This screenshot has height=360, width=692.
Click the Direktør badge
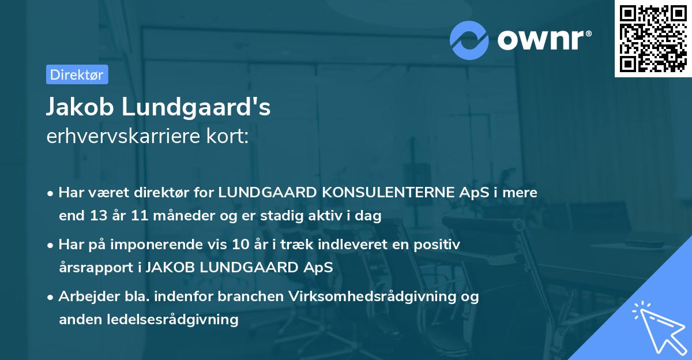pyautogui.click(x=77, y=74)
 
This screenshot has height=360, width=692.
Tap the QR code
pyautogui.click(x=653, y=38)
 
